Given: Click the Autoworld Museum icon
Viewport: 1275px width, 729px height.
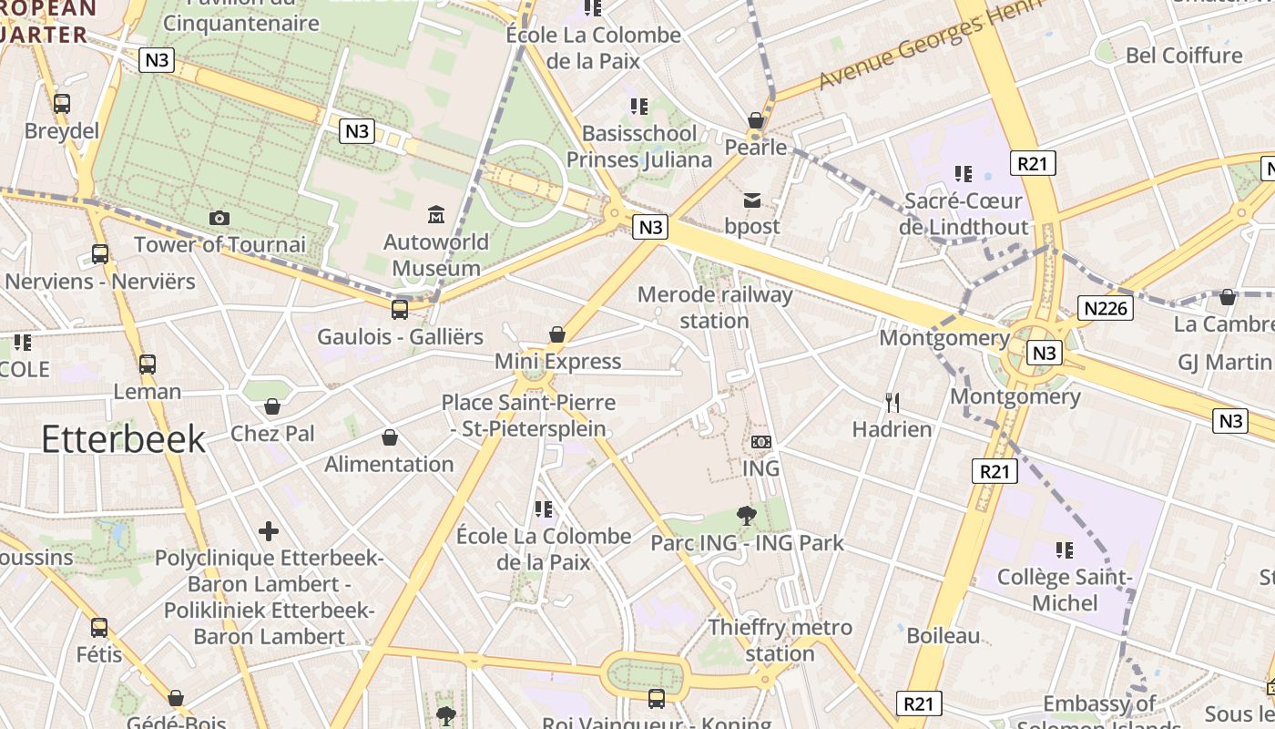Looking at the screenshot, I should click(436, 215).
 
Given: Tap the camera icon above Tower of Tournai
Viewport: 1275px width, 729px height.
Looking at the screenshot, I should click(219, 218).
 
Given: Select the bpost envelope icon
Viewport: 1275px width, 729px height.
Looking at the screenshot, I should click(752, 200).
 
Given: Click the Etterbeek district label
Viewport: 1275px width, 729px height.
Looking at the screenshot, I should click(124, 439).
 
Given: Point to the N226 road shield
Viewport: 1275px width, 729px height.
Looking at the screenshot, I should click(1107, 308).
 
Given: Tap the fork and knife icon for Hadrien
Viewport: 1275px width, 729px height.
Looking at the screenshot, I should click(892, 402).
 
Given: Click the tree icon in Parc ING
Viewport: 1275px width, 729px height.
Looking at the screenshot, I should click(747, 516).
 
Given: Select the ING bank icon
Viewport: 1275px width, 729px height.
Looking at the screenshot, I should click(761, 442).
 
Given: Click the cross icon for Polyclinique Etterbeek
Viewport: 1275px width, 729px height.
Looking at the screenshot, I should click(269, 530).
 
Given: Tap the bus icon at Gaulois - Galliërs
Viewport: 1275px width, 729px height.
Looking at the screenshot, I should click(400, 309).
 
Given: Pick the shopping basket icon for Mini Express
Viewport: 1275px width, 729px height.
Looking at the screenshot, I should click(557, 334).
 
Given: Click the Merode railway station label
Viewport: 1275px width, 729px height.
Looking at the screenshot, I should click(715, 307).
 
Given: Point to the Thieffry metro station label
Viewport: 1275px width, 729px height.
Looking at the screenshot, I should click(780, 640).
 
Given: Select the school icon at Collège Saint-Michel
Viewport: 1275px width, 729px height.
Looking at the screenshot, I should click(1064, 549).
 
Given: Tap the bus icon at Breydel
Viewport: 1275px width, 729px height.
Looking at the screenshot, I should click(62, 103).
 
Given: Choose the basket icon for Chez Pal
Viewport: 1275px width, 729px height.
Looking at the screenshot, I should click(271, 406).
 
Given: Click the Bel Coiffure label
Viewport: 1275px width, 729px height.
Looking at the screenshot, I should click(1183, 56).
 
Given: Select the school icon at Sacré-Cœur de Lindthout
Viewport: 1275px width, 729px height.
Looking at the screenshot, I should click(964, 173).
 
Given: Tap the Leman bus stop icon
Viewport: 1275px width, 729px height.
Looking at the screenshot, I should click(148, 364).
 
